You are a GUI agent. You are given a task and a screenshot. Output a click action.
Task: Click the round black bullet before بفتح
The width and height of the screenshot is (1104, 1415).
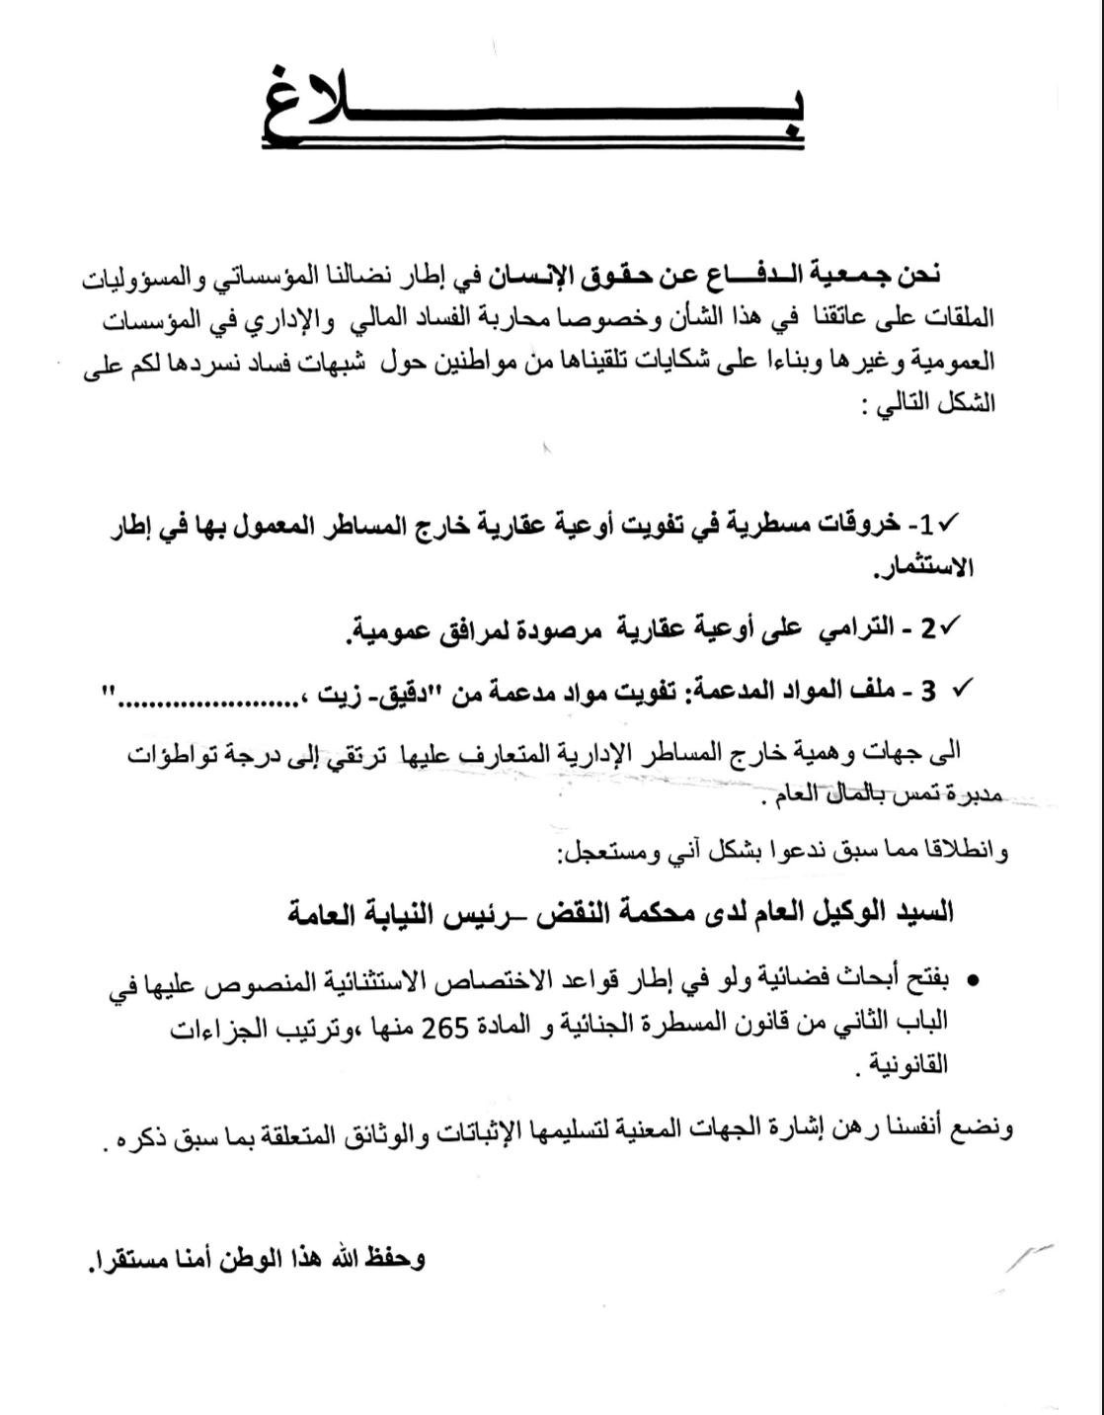[x=972, y=981]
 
